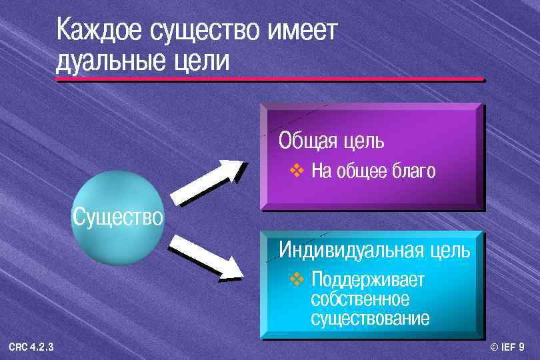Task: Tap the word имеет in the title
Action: click(x=303, y=31)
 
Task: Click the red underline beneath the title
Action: click(x=269, y=80)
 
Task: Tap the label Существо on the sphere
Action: click(x=117, y=217)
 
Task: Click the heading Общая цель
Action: click(x=331, y=141)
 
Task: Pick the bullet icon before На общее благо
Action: click(x=297, y=171)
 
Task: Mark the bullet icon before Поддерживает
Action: click(x=297, y=277)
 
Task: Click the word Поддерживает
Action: click(x=367, y=279)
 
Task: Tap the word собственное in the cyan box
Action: click(x=360, y=299)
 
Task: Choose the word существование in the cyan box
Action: click(x=370, y=318)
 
